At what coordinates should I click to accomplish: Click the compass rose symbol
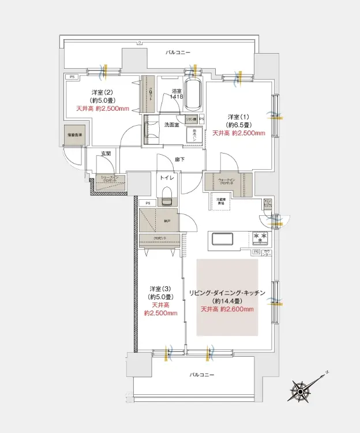pyautogui.click(x=301, y=390)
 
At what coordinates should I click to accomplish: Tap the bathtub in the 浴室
pyautogui.click(x=194, y=93)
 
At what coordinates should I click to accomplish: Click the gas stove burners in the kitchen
pyautogui.click(x=258, y=237)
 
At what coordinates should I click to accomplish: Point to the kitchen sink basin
pyautogui.click(x=223, y=238)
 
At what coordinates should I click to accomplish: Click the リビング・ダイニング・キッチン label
pyautogui.click(x=227, y=293)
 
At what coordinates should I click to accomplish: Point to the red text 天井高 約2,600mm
pyautogui.click(x=227, y=309)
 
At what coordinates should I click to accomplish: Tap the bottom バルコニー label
pyautogui.click(x=201, y=375)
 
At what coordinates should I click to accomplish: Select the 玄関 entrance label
pyautogui.click(x=106, y=154)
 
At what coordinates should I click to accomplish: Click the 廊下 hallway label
pyautogui.click(x=180, y=159)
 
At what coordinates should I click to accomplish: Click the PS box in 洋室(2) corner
pyautogui.click(x=72, y=77)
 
